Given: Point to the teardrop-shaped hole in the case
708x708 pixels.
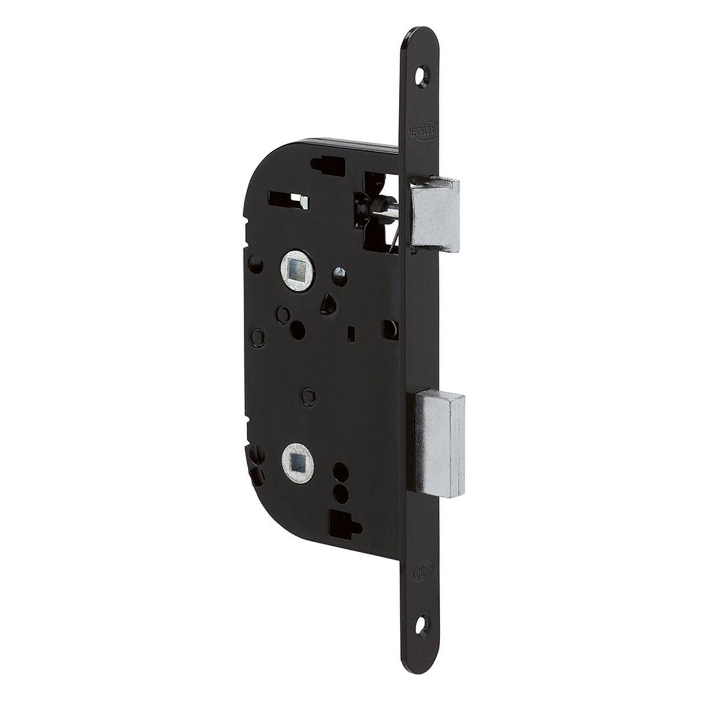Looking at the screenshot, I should (325, 304).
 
